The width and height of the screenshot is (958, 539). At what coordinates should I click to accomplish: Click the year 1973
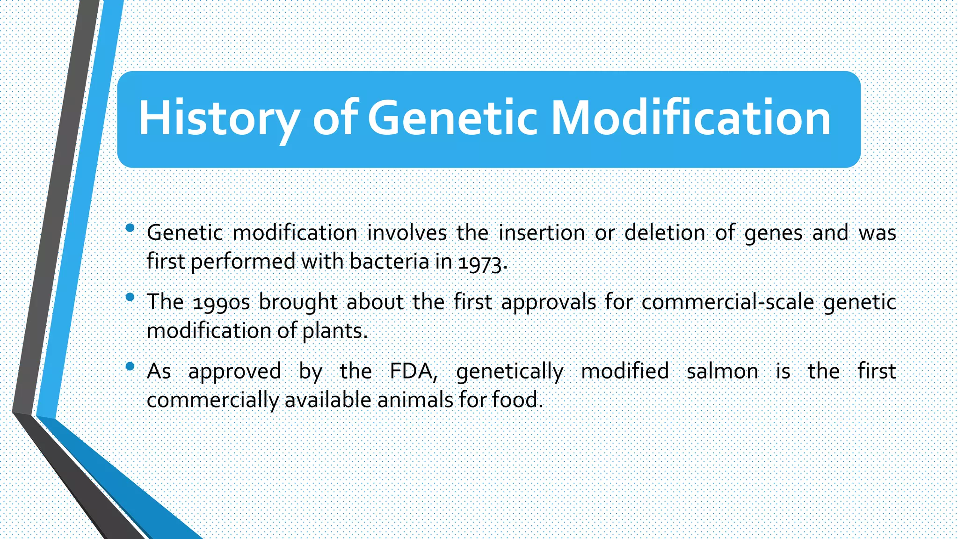(482, 262)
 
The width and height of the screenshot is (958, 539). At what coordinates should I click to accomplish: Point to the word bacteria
(389, 261)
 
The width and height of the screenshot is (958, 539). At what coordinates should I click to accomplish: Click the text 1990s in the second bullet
(221, 302)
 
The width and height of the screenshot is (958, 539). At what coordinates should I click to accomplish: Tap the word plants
(334, 331)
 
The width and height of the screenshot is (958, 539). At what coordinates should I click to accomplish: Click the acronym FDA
(413, 371)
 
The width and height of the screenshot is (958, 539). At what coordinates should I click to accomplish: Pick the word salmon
(722, 371)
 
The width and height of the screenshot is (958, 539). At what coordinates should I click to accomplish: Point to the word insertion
(542, 233)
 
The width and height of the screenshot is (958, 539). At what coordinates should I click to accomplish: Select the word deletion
(665, 233)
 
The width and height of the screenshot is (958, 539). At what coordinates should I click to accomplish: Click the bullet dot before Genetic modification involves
(131, 228)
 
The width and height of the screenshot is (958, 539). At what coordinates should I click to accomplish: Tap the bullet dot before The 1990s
(131, 297)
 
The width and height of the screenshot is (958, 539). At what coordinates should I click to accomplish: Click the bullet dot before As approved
(131, 366)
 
